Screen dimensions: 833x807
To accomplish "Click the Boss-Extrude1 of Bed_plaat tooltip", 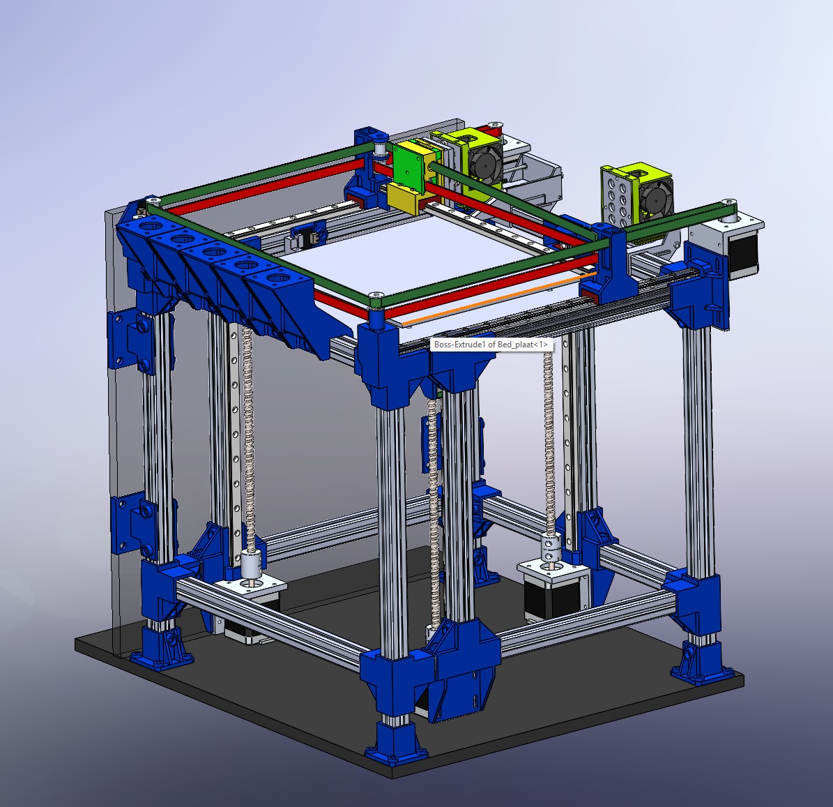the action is pyautogui.click(x=491, y=345).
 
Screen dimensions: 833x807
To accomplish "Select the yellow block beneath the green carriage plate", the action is pyautogui.click(x=406, y=198).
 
